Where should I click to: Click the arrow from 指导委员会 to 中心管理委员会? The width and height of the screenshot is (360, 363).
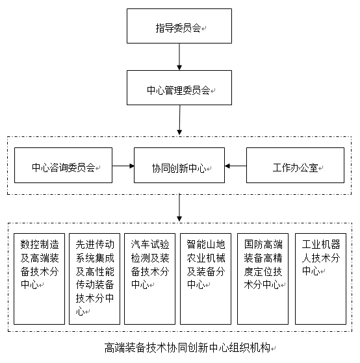coord(179,56)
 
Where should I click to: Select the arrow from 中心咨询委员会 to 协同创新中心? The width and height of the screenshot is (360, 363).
coord(123,166)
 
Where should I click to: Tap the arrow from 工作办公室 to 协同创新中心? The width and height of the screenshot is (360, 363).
coord(235,166)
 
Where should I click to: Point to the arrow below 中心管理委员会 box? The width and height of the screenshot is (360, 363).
coord(179,120)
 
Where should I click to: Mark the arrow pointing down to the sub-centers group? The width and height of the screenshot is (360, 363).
coord(179,208)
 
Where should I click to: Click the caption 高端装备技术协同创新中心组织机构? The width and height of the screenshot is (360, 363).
coord(187,347)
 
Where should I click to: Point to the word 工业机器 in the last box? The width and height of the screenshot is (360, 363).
coord(321,244)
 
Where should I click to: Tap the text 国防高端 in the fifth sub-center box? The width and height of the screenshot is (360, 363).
coord(263,244)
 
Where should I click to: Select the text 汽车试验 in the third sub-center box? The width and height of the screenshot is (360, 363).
coord(150,244)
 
